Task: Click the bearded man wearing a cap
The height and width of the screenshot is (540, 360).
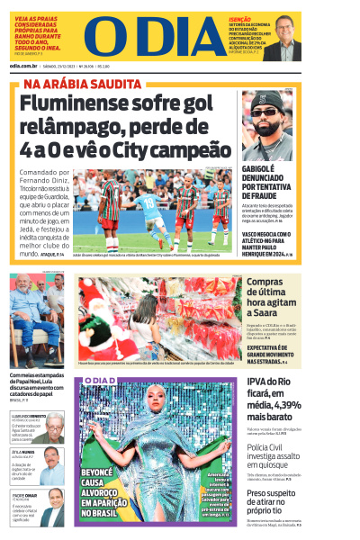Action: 267,125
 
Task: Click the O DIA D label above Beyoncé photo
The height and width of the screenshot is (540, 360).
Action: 98,382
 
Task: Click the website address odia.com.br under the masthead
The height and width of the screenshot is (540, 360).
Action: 28,66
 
